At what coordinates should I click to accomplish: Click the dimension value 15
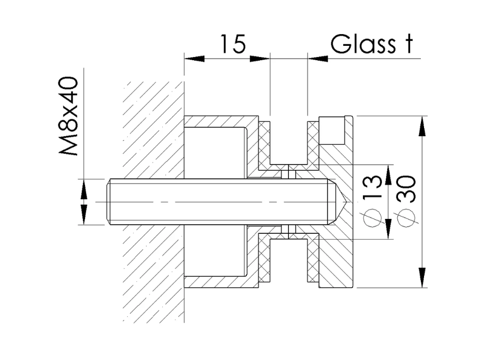click(232, 45)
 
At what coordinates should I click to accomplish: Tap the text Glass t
click(371, 45)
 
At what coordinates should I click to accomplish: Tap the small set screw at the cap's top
click(331, 131)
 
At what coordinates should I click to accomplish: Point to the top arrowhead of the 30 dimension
click(421, 125)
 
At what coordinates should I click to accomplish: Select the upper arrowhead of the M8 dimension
click(84, 189)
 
